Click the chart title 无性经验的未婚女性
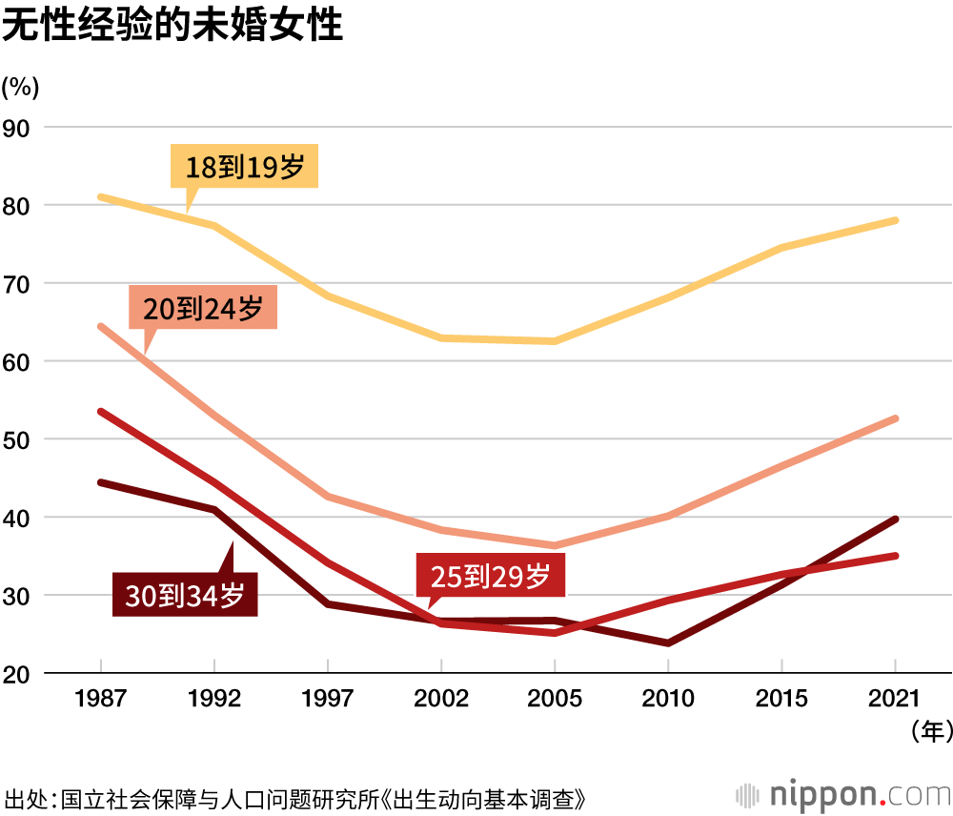[172, 27]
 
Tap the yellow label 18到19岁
[244, 169]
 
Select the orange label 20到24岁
[202, 308]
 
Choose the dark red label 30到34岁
[185, 596]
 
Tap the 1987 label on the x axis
[100, 699]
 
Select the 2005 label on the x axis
[555, 699]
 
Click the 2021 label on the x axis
[896, 699]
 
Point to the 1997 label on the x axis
[327, 699]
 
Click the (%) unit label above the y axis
[20, 87]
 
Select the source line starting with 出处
[294, 798]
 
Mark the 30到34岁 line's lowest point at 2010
[668, 643]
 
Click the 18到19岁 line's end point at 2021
[896, 220]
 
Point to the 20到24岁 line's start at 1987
[100, 326]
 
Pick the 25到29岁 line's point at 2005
[555, 633]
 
